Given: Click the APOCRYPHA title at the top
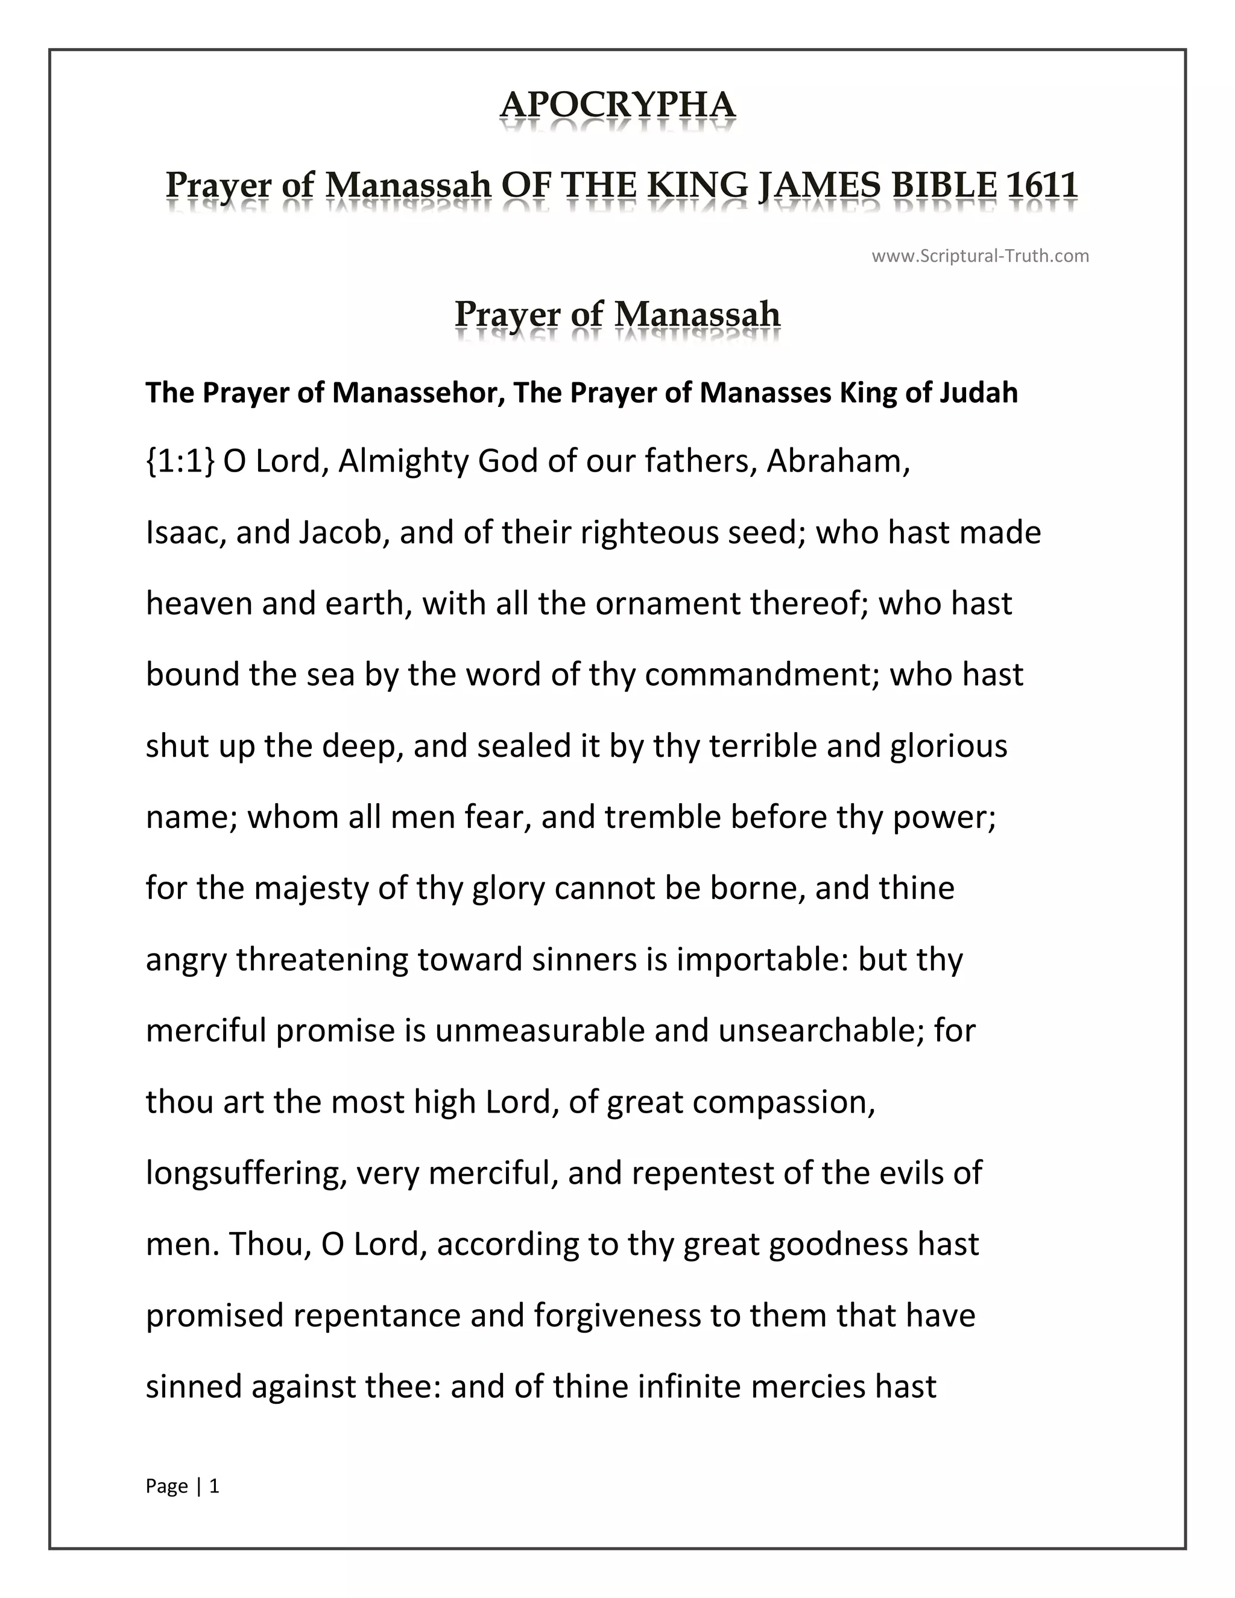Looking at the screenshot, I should [617, 105].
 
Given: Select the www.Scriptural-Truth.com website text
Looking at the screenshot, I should [980, 256].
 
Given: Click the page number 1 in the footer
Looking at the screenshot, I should [214, 1486].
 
